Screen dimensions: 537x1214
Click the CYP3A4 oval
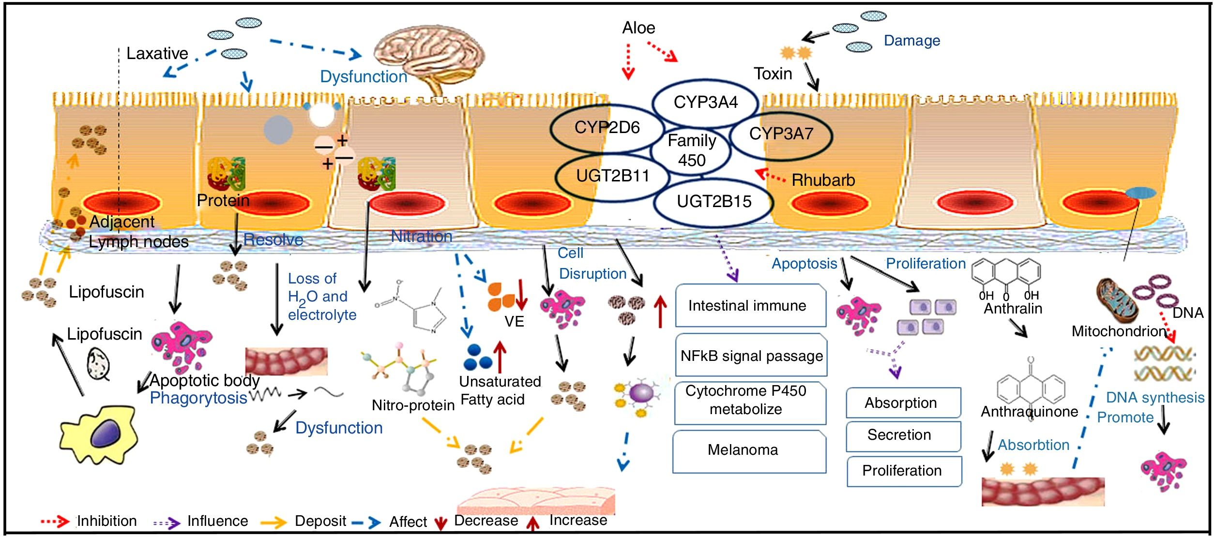click(x=705, y=103)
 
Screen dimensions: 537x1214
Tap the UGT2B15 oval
click(x=713, y=201)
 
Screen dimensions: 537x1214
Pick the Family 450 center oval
click(x=692, y=150)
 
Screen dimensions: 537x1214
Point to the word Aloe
click(x=638, y=28)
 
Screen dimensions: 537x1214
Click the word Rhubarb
click(x=823, y=180)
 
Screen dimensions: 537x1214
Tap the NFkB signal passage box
click(x=751, y=356)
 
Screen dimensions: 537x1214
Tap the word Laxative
click(x=157, y=53)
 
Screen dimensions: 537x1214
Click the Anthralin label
click(x=1013, y=309)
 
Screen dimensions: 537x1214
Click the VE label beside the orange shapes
click(x=514, y=322)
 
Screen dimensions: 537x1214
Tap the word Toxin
click(x=773, y=74)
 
